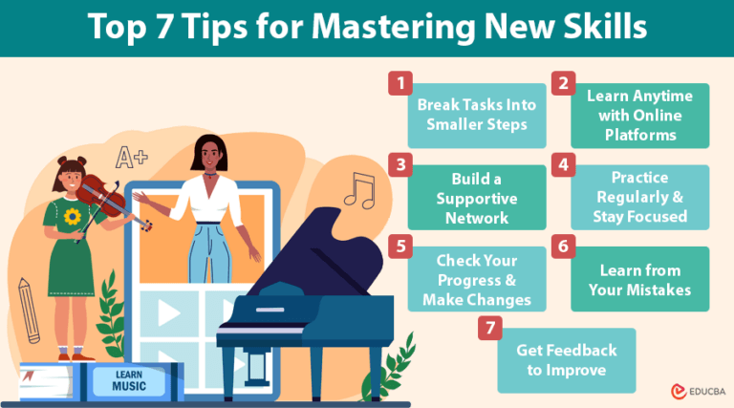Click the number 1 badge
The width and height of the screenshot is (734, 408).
tap(399, 83)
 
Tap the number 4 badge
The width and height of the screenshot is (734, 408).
tap(563, 164)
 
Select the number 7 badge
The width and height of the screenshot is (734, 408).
tap(488, 328)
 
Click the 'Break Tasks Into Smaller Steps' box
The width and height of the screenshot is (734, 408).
tap(477, 115)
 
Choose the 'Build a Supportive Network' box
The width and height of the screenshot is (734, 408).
tap(476, 197)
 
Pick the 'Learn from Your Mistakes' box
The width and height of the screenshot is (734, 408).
tap(640, 278)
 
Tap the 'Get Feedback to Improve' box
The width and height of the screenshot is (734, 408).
tap(566, 360)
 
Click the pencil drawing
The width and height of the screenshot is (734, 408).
tap(30, 310)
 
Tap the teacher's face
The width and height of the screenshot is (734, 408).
tap(208, 156)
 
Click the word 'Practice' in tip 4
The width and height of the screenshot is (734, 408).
tap(640, 178)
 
